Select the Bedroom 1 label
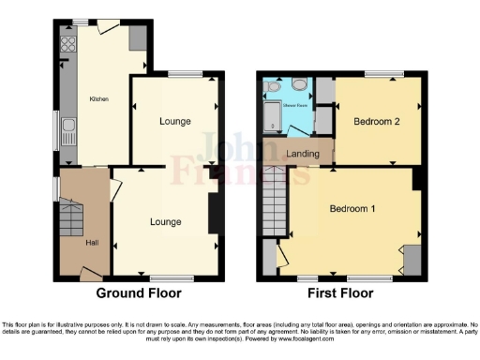tap(352, 208)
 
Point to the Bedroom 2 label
tap(376, 122)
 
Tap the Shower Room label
tap(294, 105)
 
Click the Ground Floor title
tap(140, 293)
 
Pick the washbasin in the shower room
tap(272, 85)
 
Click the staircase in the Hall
tap(70, 223)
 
